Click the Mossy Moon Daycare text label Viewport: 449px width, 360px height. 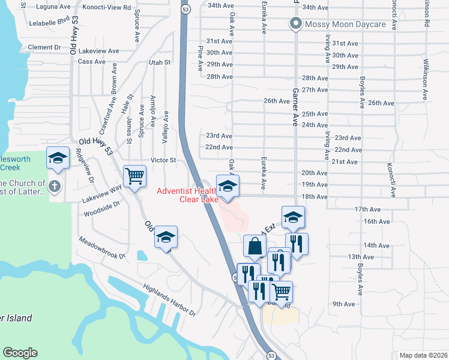(345, 25)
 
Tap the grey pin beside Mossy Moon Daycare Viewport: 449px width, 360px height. (295, 25)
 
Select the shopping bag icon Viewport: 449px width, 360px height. (255, 245)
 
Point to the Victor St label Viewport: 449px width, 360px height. (163, 160)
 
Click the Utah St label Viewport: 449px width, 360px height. (160, 62)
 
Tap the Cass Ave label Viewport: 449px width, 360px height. (92, 61)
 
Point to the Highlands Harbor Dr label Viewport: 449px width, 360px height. (169, 300)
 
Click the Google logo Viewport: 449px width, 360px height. (20, 353)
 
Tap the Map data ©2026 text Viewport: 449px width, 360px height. (424, 355)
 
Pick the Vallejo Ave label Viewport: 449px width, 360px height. (166, 123)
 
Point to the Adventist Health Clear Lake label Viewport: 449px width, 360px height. (188, 196)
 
